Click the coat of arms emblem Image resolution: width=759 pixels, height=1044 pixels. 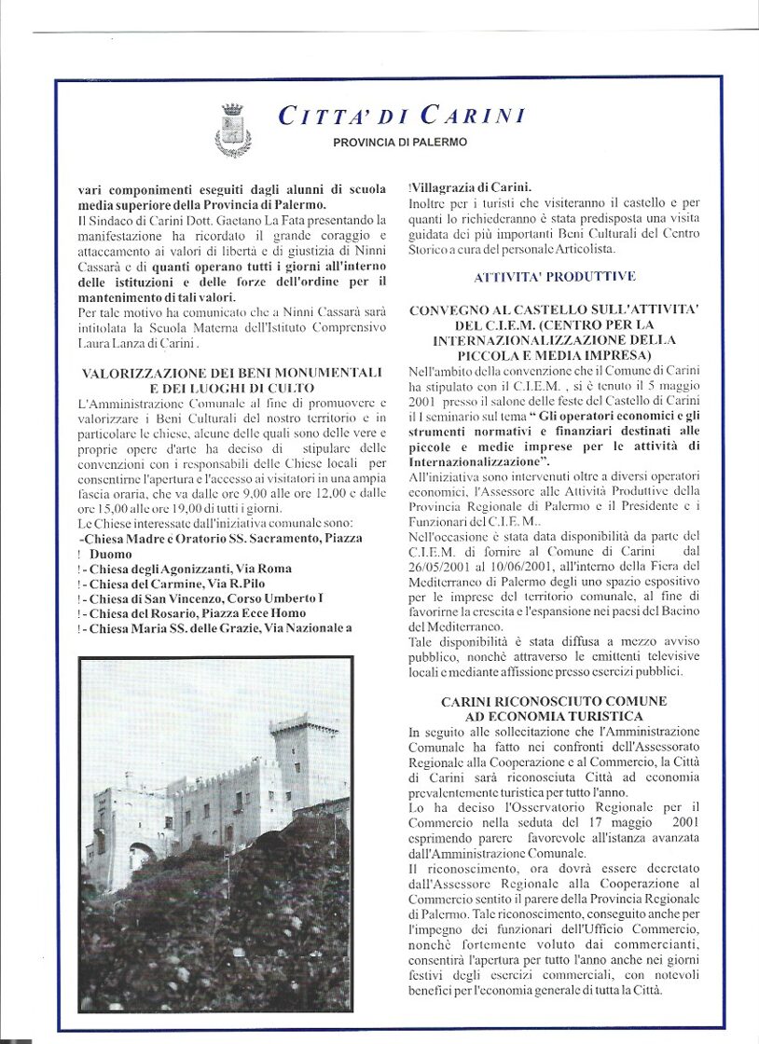pos(233,130)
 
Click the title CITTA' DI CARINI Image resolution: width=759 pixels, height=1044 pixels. pos(401,116)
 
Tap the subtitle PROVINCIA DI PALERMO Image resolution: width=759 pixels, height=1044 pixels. pos(400,143)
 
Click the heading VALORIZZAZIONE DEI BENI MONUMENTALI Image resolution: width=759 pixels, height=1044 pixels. pos(231,372)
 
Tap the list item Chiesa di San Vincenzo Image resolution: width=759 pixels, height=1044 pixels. pos(205,598)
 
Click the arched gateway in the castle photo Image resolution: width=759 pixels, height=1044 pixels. pos(142,856)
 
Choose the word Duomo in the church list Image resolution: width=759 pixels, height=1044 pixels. pos(112,553)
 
